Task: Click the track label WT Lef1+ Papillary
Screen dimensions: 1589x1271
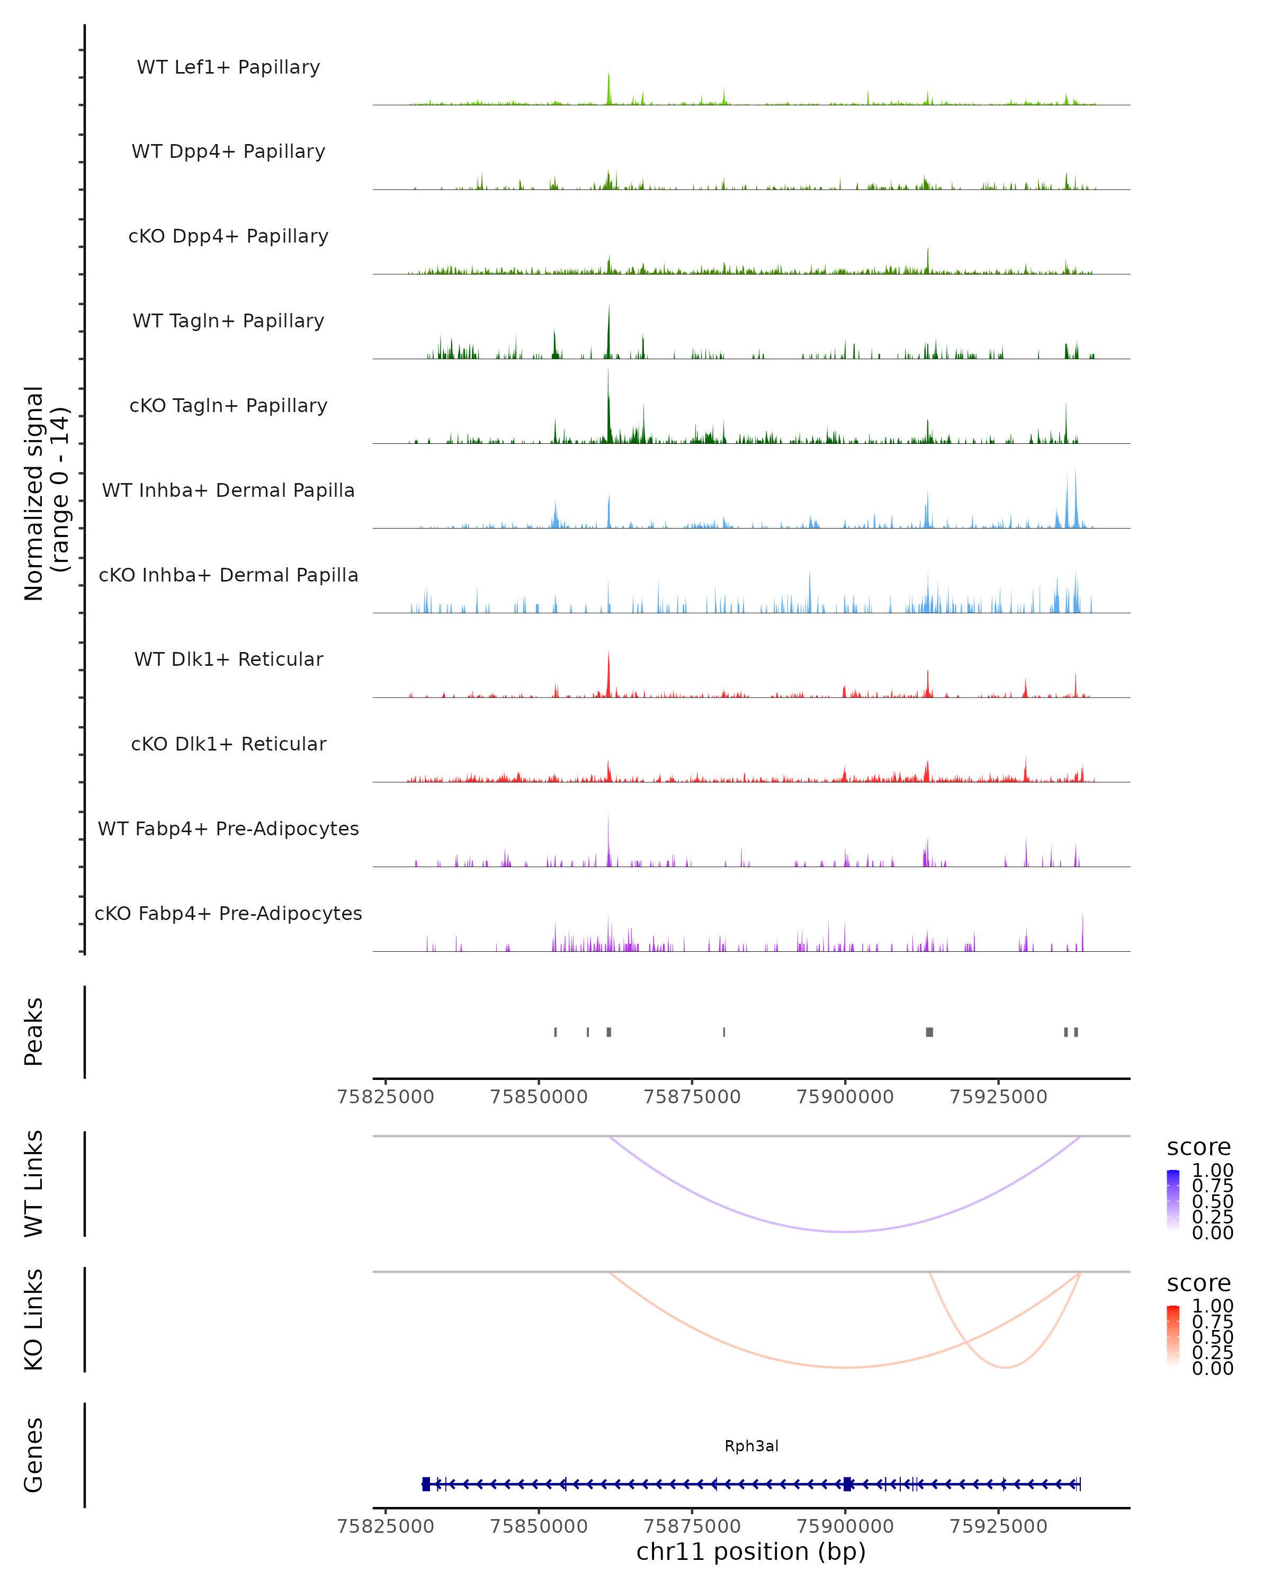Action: [x=228, y=67]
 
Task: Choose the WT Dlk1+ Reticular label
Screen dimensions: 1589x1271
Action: [x=228, y=659]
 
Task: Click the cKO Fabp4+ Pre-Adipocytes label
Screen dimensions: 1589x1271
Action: [x=228, y=913]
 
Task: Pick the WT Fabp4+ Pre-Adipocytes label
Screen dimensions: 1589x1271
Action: [x=228, y=828]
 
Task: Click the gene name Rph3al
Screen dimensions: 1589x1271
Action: [x=751, y=1446]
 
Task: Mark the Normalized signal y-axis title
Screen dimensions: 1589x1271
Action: [x=46, y=493]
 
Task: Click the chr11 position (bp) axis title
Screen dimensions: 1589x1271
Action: [x=751, y=1551]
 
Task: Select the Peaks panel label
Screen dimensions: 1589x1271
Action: [x=34, y=1031]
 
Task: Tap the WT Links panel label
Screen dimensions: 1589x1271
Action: [x=34, y=1183]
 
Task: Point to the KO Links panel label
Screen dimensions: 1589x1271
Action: [x=34, y=1319]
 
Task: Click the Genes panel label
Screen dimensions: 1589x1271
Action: [x=34, y=1455]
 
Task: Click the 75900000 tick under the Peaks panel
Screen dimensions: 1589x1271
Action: [x=845, y=1097]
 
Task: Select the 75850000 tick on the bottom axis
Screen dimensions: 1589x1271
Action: [x=539, y=1526]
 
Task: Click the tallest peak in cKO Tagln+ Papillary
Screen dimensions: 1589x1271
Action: [x=608, y=371]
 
